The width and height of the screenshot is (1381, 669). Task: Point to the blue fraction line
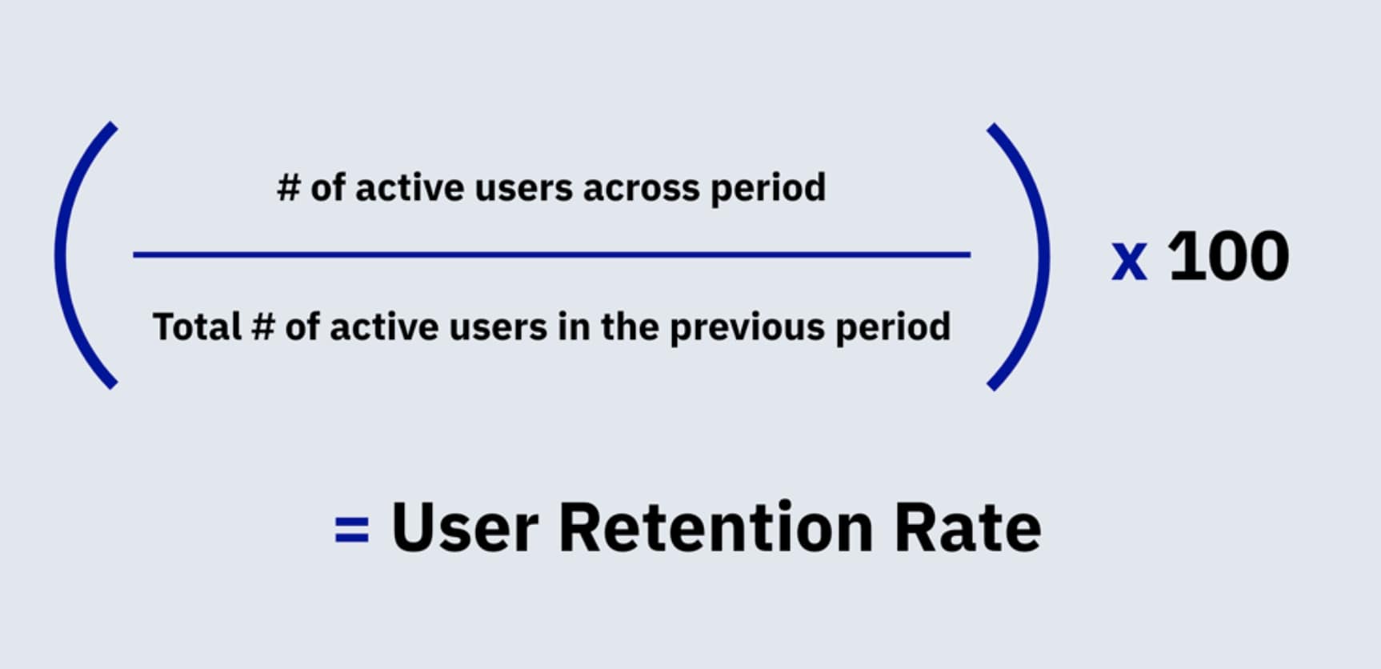551,254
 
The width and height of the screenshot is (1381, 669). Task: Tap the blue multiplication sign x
1129,260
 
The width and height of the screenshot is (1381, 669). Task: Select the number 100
1229,257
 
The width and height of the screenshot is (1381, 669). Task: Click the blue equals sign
351,529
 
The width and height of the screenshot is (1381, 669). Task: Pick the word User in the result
464,527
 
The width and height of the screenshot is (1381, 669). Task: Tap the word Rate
967,527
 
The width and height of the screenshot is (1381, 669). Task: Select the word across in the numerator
641,189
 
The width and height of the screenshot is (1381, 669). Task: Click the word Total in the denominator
197,326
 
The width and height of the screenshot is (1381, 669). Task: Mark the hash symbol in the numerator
288,188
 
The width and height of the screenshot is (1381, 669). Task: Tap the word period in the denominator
893,328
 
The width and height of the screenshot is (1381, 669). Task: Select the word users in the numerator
524,190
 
